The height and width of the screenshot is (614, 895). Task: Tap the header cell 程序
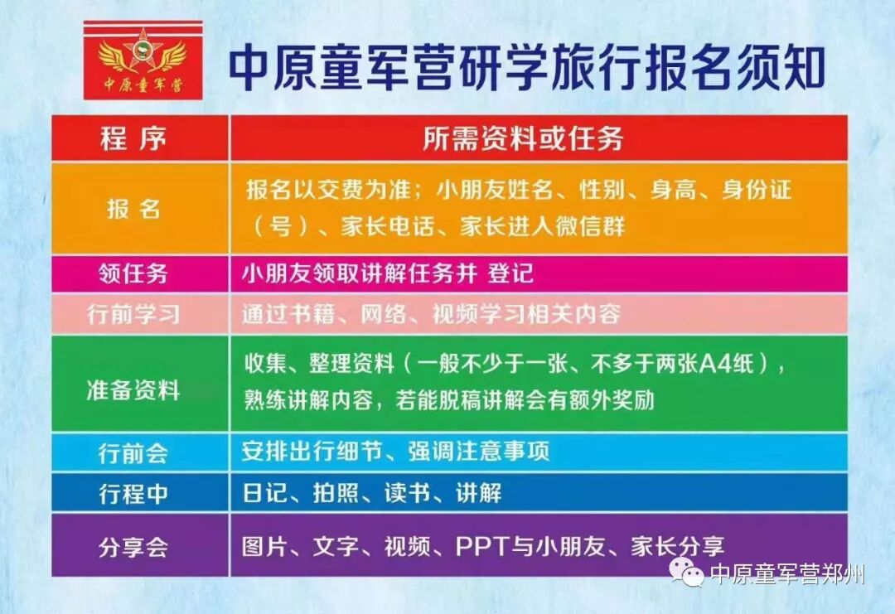(x=133, y=138)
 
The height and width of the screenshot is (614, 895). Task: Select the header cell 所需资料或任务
(x=522, y=138)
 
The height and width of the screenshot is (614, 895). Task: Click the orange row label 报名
(x=133, y=208)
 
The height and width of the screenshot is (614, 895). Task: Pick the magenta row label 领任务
(x=133, y=273)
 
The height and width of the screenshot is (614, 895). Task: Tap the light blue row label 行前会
(x=133, y=452)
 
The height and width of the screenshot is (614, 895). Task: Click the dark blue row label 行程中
(x=133, y=494)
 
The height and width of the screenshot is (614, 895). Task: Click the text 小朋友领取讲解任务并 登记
(x=388, y=273)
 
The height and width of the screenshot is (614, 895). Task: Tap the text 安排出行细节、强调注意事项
(x=395, y=452)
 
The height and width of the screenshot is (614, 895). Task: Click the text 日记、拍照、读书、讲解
(x=371, y=494)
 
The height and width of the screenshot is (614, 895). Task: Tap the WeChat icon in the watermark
(x=687, y=572)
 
